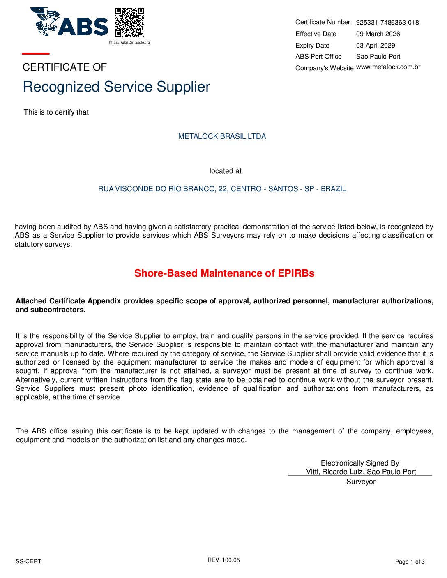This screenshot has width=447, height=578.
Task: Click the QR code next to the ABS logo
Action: (x=129, y=22)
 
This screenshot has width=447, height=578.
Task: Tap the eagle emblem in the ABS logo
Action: (x=45, y=21)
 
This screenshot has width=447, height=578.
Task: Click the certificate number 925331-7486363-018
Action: (x=387, y=23)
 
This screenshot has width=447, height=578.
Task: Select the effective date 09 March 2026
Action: (x=378, y=34)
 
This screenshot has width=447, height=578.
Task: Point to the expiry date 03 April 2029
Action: (x=376, y=46)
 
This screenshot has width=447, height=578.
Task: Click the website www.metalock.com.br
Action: (x=388, y=67)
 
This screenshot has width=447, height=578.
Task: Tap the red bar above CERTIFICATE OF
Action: (x=36, y=53)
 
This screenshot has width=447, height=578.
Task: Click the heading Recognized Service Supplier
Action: (x=117, y=87)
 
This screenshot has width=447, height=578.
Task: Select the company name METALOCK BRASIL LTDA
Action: (x=222, y=136)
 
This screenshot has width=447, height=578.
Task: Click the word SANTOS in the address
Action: (x=283, y=189)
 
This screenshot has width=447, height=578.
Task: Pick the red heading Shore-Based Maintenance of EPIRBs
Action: (x=224, y=273)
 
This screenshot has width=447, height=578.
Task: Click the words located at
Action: (x=226, y=171)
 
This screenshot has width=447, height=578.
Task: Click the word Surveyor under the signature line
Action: (x=361, y=482)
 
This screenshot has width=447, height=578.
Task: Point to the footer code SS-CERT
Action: (x=28, y=561)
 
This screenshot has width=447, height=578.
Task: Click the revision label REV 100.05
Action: (x=223, y=560)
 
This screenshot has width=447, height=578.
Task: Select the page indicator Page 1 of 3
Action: (x=410, y=562)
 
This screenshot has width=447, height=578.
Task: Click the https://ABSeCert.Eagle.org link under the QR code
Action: (x=129, y=42)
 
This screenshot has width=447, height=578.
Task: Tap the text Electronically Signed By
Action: (x=360, y=463)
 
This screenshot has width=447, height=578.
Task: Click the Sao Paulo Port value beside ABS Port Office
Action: (x=378, y=57)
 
